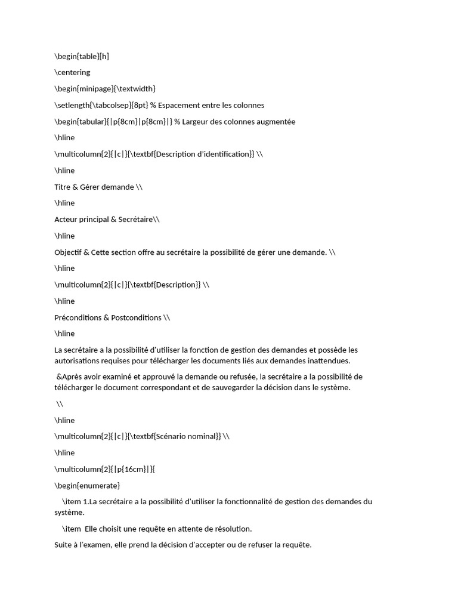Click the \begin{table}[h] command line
[x=82, y=57]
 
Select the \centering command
[x=72, y=73]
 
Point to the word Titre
[x=63, y=187]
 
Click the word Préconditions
[x=77, y=317]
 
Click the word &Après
[x=70, y=377]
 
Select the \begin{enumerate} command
[x=87, y=485]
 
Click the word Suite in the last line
[x=64, y=545]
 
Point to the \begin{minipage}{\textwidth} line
[x=105, y=89]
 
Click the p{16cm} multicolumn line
[x=105, y=469]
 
